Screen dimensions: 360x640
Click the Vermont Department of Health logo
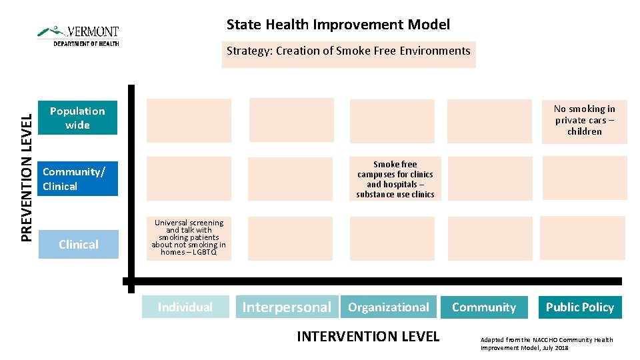[x=78, y=35]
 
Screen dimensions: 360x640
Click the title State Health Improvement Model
[x=338, y=25]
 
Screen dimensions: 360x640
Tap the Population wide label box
[x=77, y=118]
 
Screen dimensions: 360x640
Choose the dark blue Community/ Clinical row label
[x=77, y=179]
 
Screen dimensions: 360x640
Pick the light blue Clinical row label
[x=79, y=244]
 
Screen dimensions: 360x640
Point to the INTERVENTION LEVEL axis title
[x=368, y=337]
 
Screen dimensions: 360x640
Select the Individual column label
[x=185, y=307]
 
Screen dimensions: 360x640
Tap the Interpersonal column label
[x=287, y=307]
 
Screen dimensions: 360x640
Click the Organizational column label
[x=388, y=307]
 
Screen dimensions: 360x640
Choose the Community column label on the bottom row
[x=484, y=307]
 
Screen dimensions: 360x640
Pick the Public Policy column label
[x=579, y=307]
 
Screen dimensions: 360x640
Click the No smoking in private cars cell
[x=584, y=121]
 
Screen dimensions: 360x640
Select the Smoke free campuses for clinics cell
[x=395, y=179]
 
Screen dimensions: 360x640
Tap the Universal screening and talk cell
[x=189, y=237]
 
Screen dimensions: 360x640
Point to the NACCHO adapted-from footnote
[x=547, y=343]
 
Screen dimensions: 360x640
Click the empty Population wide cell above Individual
[x=189, y=121]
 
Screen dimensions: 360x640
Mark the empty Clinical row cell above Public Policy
[x=582, y=238]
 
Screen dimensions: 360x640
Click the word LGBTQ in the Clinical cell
[x=204, y=253]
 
